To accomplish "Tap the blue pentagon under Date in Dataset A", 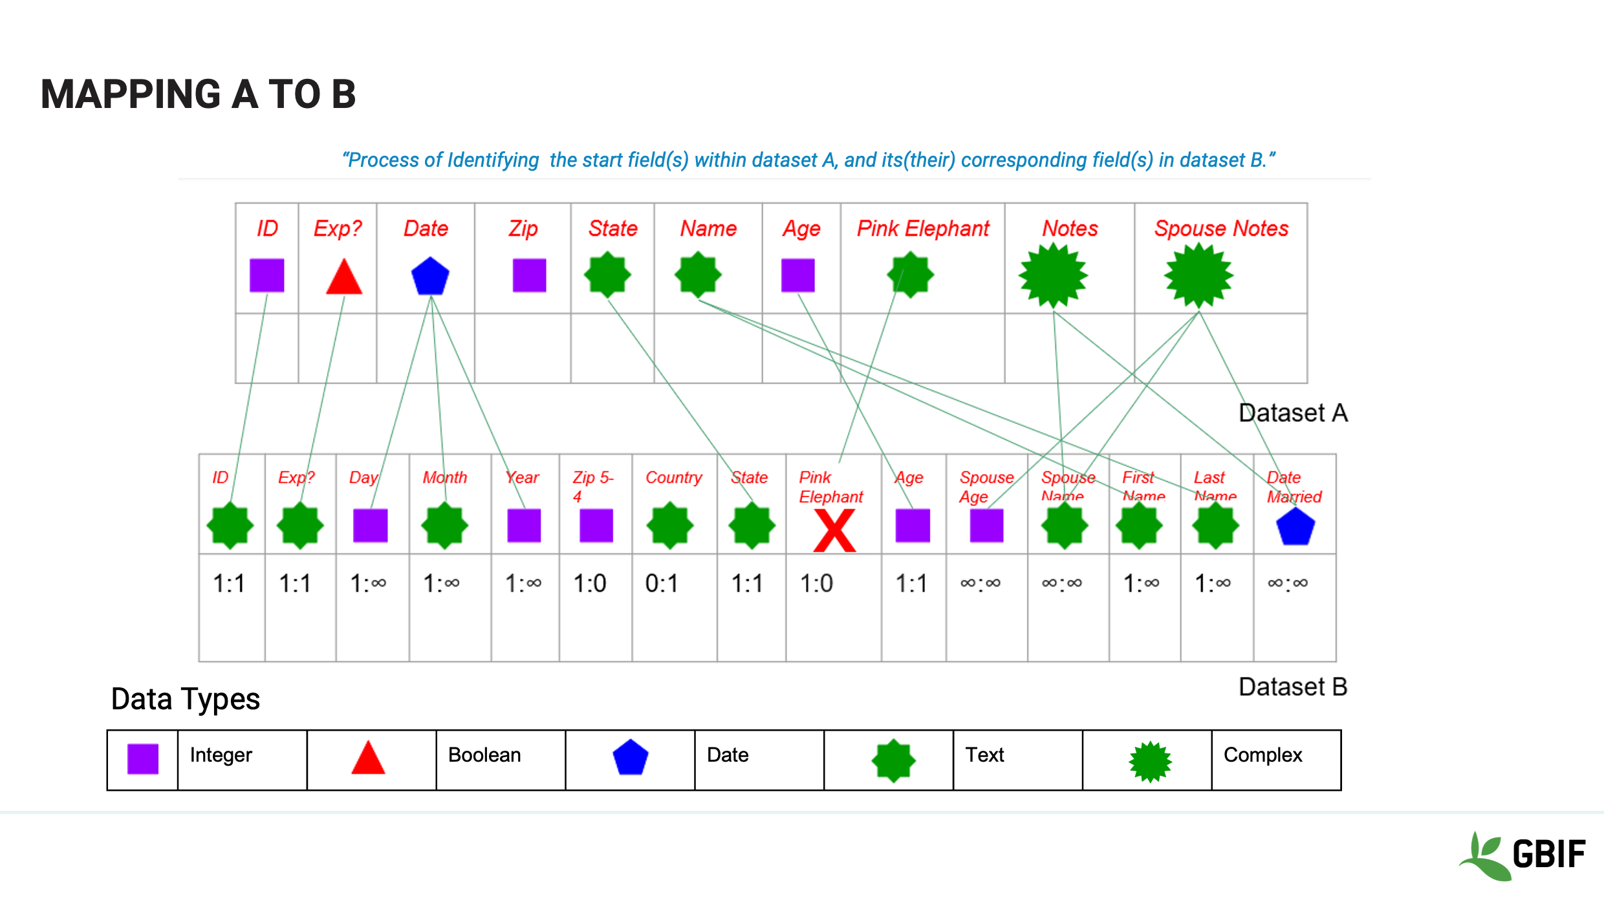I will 430,276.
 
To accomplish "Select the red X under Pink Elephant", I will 834,530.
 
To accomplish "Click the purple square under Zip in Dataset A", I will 529,275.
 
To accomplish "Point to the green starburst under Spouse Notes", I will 1198,275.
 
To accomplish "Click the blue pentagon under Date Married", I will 1295,526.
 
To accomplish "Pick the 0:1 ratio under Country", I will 662,583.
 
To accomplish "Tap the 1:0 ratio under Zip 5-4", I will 590,583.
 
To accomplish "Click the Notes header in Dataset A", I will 1070,228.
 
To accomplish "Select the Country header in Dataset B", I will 673,477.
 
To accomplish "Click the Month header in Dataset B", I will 444,477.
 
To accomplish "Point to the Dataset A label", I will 1293,413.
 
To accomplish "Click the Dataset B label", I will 1293,687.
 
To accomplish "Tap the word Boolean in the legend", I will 484,755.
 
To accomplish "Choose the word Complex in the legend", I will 1263,755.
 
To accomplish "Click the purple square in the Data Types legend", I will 143,758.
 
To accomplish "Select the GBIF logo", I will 1523,855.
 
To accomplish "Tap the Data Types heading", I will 186,699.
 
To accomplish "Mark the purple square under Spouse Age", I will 986,525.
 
